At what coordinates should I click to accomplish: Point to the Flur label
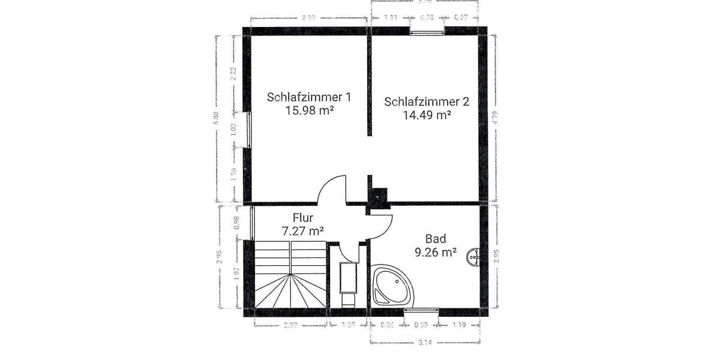pyautogui.click(x=303, y=218)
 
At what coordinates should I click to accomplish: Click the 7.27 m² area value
pyautogui.click(x=303, y=230)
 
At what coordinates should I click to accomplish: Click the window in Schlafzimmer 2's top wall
pyautogui.click(x=427, y=29)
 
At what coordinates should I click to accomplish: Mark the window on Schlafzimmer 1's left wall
pyautogui.click(x=247, y=129)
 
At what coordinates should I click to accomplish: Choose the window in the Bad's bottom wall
pyautogui.click(x=421, y=311)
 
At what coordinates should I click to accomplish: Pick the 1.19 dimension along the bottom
pyautogui.click(x=460, y=325)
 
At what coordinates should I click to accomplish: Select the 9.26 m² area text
pyautogui.click(x=436, y=253)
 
